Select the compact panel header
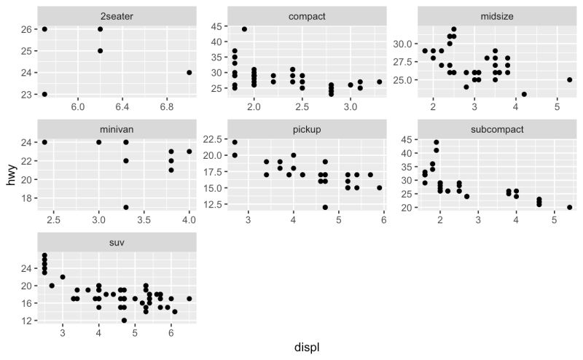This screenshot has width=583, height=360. click(x=307, y=15)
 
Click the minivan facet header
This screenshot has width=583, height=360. click(x=117, y=129)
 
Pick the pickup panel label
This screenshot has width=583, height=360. click(x=307, y=129)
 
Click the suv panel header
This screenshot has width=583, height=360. click(x=117, y=243)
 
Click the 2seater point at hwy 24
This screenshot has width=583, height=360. click(x=189, y=72)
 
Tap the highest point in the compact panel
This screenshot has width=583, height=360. click(x=244, y=29)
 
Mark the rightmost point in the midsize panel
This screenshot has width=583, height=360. click(x=569, y=79)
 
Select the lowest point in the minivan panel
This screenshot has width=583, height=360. click(x=126, y=207)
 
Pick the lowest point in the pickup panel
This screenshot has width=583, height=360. click(x=326, y=207)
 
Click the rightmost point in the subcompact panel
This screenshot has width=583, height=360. click(x=569, y=207)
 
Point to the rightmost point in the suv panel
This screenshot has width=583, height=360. click(x=189, y=298)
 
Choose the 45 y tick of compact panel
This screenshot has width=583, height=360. click(x=217, y=26)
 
